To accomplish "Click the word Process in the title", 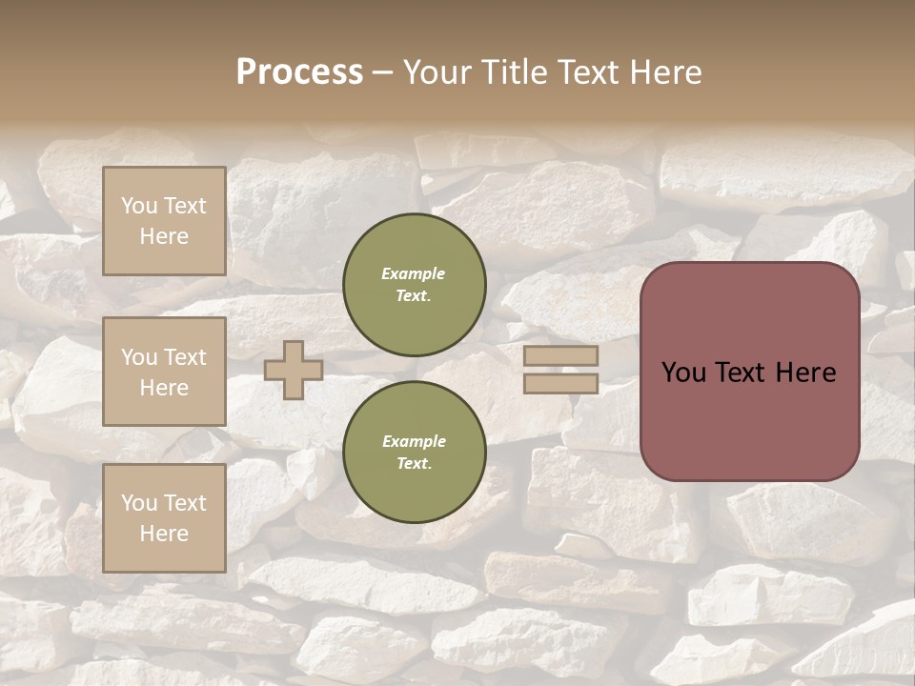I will coord(299,72).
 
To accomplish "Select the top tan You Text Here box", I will coord(164,221).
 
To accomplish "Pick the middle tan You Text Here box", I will coord(164,372).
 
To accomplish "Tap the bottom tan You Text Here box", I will coord(164,518).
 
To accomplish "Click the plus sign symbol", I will coord(294,370).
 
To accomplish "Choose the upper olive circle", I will coord(414,285).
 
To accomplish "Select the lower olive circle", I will coord(414,453).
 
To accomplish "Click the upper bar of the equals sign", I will coord(561,356).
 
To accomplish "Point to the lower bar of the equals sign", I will coord(561,384).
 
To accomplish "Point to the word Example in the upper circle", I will coord(414,274).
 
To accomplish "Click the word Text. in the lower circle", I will coord(414,464).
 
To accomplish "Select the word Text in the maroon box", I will coord(740,373).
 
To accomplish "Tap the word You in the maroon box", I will coord(683,373).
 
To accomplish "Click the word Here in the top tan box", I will coord(164,236).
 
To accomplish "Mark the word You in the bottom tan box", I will coord(139,503).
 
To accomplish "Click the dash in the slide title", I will coord(382,73).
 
